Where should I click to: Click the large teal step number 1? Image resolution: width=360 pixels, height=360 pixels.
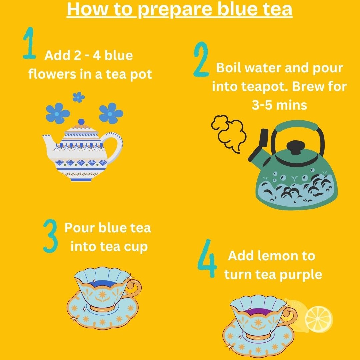(29, 44)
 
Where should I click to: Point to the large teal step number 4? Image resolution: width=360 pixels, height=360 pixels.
(207, 259)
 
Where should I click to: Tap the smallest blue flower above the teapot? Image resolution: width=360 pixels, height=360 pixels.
(78, 97)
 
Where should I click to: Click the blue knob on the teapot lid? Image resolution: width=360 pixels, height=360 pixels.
(81, 122)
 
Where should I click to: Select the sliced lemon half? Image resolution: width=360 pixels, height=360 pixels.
(319, 319)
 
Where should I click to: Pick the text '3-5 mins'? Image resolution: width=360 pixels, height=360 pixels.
(279, 105)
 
